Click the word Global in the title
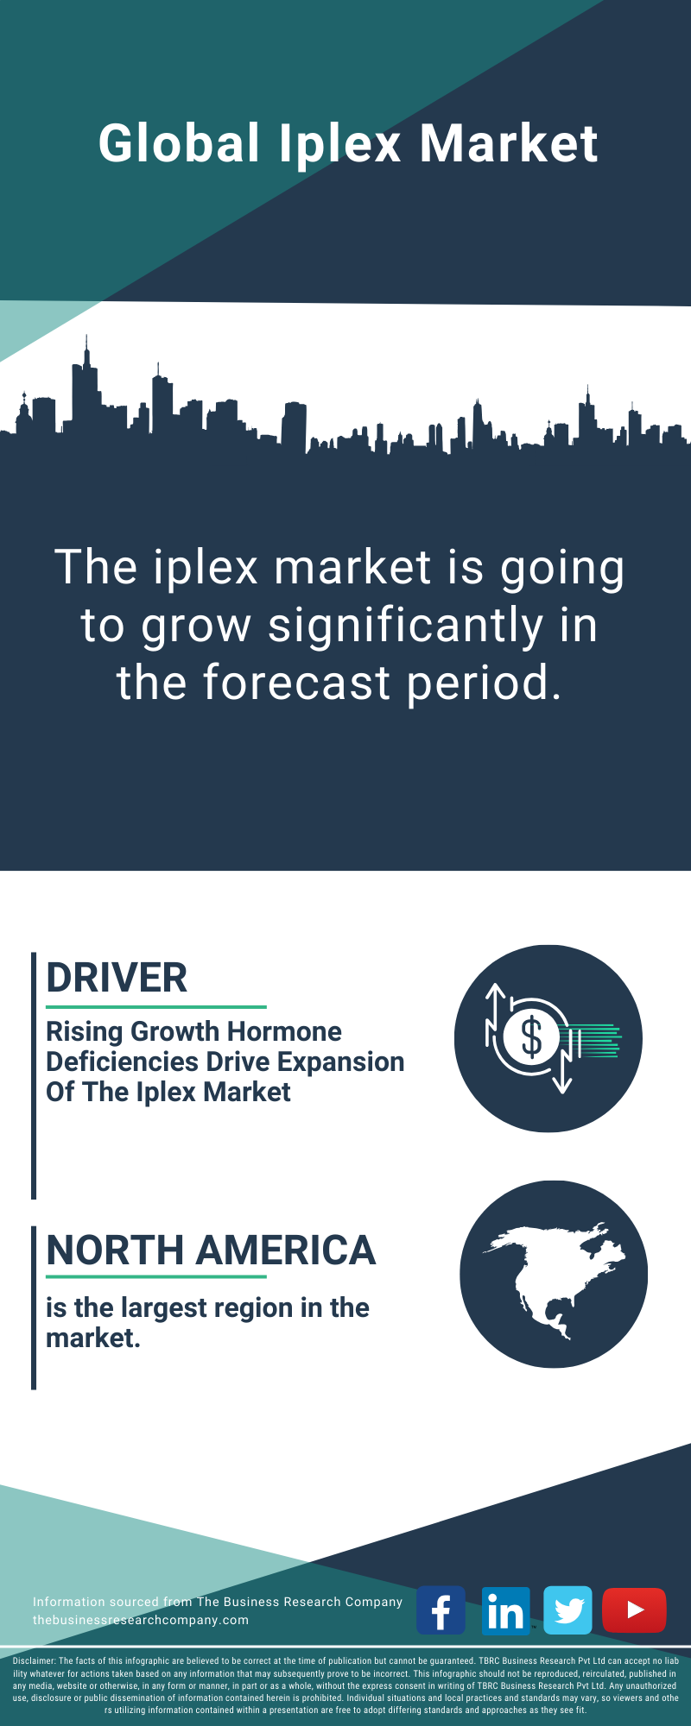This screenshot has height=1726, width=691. click(x=179, y=142)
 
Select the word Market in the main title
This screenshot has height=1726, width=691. click(x=509, y=143)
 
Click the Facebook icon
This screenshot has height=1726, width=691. click(x=441, y=1609)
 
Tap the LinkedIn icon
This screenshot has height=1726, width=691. click(x=505, y=1609)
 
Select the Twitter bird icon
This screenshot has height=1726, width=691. click(x=568, y=1609)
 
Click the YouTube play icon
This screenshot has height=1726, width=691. click(x=634, y=1609)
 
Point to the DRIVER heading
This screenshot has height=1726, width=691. click(x=117, y=979)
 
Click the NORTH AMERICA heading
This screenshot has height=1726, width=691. click(x=211, y=1250)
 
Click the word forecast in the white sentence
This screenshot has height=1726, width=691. click(x=297, y=683)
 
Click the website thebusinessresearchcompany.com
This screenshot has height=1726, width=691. click(x=141, y=1620)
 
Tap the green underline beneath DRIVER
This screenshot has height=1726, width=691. click(x=156, y=1006)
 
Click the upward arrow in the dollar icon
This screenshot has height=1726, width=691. click(x=495, y=1014)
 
